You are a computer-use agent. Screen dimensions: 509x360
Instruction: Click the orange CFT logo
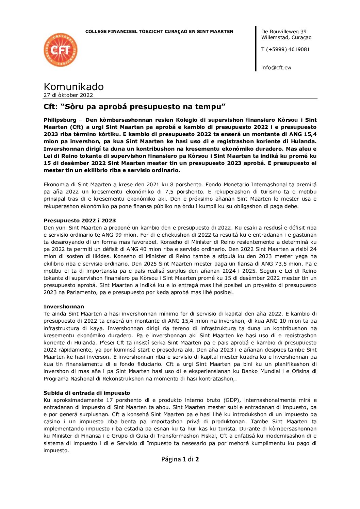[x=61, y=50]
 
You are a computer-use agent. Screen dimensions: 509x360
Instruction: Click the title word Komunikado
[x=73, y=86]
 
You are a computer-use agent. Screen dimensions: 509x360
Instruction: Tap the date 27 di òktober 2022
[x=68, y=95]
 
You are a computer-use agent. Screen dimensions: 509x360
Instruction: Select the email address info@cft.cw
[x=276, y=67]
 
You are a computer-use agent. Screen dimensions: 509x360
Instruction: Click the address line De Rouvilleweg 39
[x=284, y=32]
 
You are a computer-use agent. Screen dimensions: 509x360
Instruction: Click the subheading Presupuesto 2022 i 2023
[x=80, y=220]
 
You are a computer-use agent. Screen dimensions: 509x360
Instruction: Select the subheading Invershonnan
[x=64, y=306]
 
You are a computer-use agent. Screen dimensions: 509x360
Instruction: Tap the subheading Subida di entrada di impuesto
[x=87, y=393]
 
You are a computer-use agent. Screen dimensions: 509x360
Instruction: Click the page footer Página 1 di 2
[x=180, y=459]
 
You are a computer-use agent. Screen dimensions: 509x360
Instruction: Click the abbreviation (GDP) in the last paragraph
[x=231, y=400]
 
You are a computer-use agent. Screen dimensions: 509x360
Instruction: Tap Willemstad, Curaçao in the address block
[x=286, y=37]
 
